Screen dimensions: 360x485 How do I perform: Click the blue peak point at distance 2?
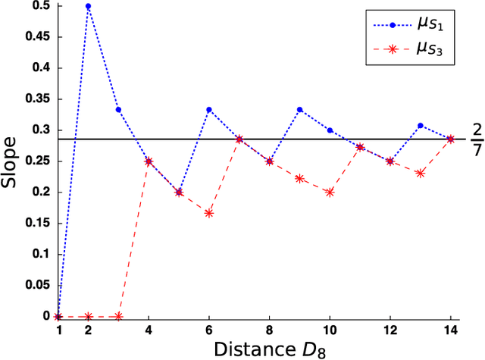tap(88, 6)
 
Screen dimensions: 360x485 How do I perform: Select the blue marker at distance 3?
tap(118, 110)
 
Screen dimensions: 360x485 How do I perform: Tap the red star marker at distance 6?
tap(208, 213)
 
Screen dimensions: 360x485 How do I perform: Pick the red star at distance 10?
tap(329, 192)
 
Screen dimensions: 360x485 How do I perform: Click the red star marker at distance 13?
tap(420, 173)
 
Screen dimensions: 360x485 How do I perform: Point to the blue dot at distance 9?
tap(299, 110)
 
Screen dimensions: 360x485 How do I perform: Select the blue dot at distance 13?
tap(420, 126)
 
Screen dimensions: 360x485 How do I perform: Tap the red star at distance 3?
tap(118, 316)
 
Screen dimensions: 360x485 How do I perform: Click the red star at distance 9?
tap(299, 178)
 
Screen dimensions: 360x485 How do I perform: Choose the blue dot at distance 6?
tap(208, 110)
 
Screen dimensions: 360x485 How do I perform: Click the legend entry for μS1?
tap(409, 24)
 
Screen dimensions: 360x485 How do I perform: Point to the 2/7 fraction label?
tap(476, 139)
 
